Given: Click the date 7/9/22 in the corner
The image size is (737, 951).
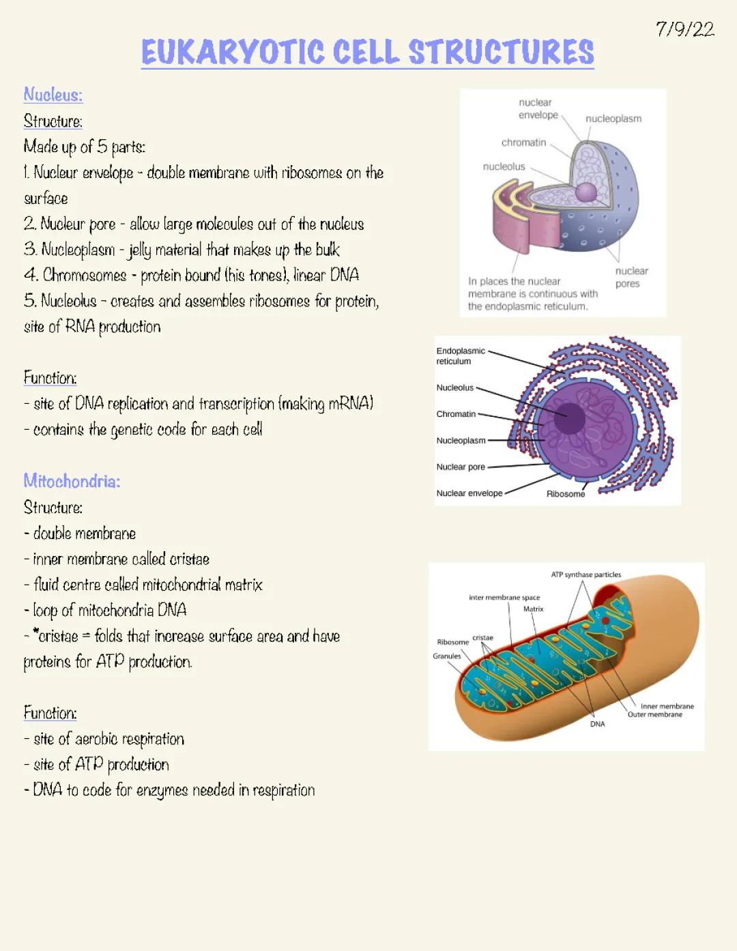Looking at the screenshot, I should coord(684,29).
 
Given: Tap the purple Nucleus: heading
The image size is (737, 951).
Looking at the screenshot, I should coord(53,94).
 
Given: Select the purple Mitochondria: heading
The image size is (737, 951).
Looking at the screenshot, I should coord(72,481).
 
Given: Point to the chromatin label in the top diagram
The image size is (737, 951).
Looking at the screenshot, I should coord(523,143).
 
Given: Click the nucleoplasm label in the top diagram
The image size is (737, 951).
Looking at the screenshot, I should coord(613,119).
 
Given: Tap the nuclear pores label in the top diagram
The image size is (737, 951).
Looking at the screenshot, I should coord(631,277).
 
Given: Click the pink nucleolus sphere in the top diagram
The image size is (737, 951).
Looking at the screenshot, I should coord(586,192).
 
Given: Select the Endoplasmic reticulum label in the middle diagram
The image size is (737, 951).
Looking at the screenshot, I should coord(461,355).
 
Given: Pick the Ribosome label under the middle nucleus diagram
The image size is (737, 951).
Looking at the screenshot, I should coord(566,494).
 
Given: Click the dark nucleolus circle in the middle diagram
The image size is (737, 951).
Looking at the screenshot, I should coord(569,418).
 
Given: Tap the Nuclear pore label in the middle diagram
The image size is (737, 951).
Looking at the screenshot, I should coord(461,467).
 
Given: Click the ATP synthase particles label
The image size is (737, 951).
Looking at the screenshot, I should coord(586,574).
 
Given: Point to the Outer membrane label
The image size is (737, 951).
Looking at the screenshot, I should coord(654,715).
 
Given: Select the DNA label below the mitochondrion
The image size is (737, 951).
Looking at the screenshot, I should coord(597,725).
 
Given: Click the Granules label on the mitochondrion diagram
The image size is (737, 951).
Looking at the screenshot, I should coord(447,656).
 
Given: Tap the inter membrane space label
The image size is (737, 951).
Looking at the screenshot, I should coord(504,598).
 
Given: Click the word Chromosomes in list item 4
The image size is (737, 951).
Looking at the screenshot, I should coord(85,275).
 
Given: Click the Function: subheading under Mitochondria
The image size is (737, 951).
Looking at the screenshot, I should coord(50,713).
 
